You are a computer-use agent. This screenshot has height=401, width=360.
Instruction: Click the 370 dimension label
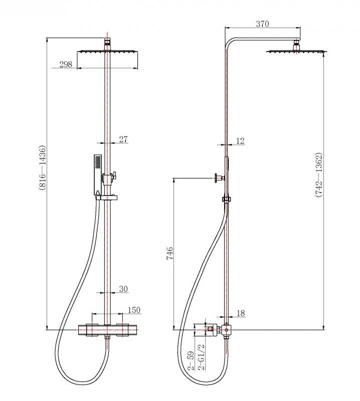(x=262, y=24)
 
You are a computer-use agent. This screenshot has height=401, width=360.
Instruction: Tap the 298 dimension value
(x=66, y=64)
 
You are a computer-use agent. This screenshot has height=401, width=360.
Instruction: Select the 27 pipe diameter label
(x=123, y=139)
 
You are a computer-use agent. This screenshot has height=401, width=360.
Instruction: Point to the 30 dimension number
(x=123, y=289)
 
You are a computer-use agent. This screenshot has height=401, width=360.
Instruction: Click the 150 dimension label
(x=134, y=310)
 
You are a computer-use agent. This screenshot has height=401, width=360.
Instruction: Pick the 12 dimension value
(x=240, y=141)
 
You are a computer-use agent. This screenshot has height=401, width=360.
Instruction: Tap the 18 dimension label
(x=241, y=313)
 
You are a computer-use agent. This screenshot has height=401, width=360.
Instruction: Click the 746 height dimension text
(x=170, y=254)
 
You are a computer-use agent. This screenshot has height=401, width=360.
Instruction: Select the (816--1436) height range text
(x=43, y=167)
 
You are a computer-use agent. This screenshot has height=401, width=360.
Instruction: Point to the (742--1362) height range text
(x=318, y=175)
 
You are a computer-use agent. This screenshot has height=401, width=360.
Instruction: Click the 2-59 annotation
(x=191, y=361)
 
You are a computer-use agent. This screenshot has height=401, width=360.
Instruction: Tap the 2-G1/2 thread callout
(x=202, y=357)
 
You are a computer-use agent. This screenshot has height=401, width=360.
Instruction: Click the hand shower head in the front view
(x=97, y=174)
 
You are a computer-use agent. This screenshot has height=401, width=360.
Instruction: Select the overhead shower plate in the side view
(x=296, y=52)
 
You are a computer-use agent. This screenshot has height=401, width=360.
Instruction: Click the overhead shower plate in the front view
(x=107, y=52)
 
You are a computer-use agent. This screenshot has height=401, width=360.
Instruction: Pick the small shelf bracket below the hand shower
(x=107, y=197)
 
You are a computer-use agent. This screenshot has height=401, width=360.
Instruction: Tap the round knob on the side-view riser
(x=218, y=178)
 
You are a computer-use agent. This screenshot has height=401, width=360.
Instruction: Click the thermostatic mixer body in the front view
(x=107, y=330)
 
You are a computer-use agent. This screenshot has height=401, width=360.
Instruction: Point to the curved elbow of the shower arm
(x=230, y=43)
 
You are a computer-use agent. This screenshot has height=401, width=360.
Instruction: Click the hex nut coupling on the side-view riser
(x=227, y=199)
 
